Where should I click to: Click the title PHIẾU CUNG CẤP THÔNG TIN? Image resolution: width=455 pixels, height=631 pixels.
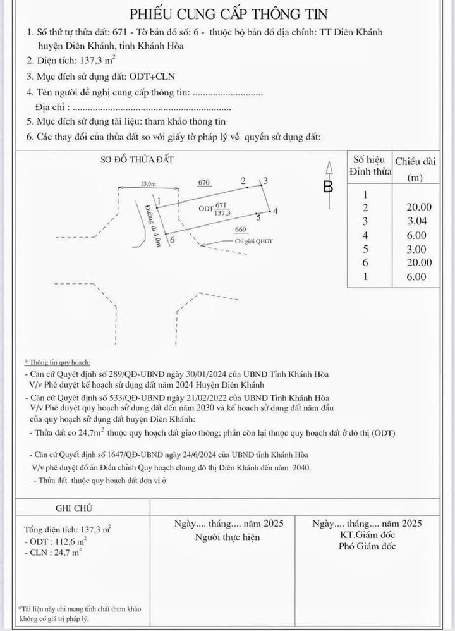coord(228,14)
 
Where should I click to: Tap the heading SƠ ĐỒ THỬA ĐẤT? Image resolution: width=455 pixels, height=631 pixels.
coord(137,160)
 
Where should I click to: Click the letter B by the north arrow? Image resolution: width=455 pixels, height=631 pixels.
coord(328,187)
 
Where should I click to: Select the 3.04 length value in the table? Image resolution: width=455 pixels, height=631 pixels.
coord(420,221)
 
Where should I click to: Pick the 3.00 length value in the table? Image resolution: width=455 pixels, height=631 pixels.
coord(420,248)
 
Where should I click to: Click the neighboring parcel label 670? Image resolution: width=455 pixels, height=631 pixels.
coord(203,183)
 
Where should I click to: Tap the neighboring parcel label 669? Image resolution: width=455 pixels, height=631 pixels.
coord(240,230)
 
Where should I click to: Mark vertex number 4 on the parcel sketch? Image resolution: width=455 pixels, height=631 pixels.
coord(276,211)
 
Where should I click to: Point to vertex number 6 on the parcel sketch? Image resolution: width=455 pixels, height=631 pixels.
coord(173,241)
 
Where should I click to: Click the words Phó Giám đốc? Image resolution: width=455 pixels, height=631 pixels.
coord(367,546)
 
